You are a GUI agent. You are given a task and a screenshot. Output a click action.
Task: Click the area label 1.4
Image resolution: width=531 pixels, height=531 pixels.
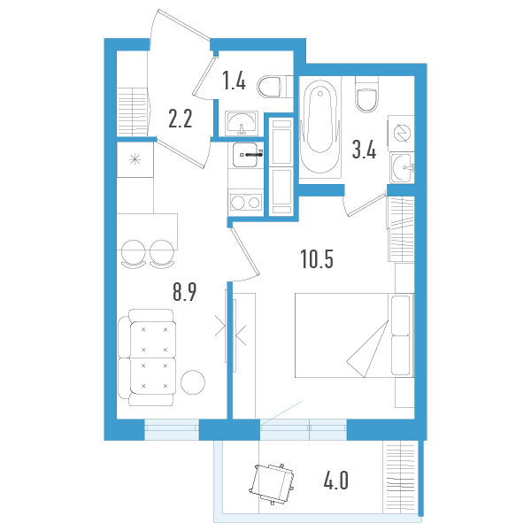[x=233, y=83]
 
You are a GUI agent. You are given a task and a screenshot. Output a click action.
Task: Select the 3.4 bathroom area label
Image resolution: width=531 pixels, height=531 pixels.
[x=364, y=150]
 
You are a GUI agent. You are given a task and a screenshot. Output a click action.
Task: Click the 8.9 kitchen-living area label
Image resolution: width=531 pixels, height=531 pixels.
[x=184, y=293]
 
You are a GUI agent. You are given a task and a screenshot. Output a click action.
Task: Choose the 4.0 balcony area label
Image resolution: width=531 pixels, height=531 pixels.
[x=335, y=482]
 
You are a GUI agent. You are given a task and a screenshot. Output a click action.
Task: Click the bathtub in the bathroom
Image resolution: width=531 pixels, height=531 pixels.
[x=320, y=129]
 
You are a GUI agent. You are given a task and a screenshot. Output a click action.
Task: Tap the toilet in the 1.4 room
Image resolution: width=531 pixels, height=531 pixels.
[x=270, y=86]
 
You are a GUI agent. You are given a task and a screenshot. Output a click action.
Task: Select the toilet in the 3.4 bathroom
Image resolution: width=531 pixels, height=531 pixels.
[x=366, y=95]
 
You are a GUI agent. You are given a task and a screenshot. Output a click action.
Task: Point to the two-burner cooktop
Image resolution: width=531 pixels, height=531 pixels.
[x=245, y=203]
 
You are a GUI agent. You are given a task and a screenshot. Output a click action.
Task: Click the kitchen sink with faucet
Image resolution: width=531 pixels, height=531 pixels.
[x=246, y=155]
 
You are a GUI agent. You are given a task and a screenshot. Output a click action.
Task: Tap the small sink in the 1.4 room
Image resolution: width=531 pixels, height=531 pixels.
[x=240, y=121]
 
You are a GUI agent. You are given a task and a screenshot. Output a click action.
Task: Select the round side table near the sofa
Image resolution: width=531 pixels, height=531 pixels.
[x=194, y=382]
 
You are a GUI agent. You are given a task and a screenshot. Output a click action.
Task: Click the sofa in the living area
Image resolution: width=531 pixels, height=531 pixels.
[x=149, y=352]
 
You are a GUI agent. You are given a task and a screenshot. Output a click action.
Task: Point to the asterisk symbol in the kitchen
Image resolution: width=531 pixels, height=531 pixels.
[x=135, y=159]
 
